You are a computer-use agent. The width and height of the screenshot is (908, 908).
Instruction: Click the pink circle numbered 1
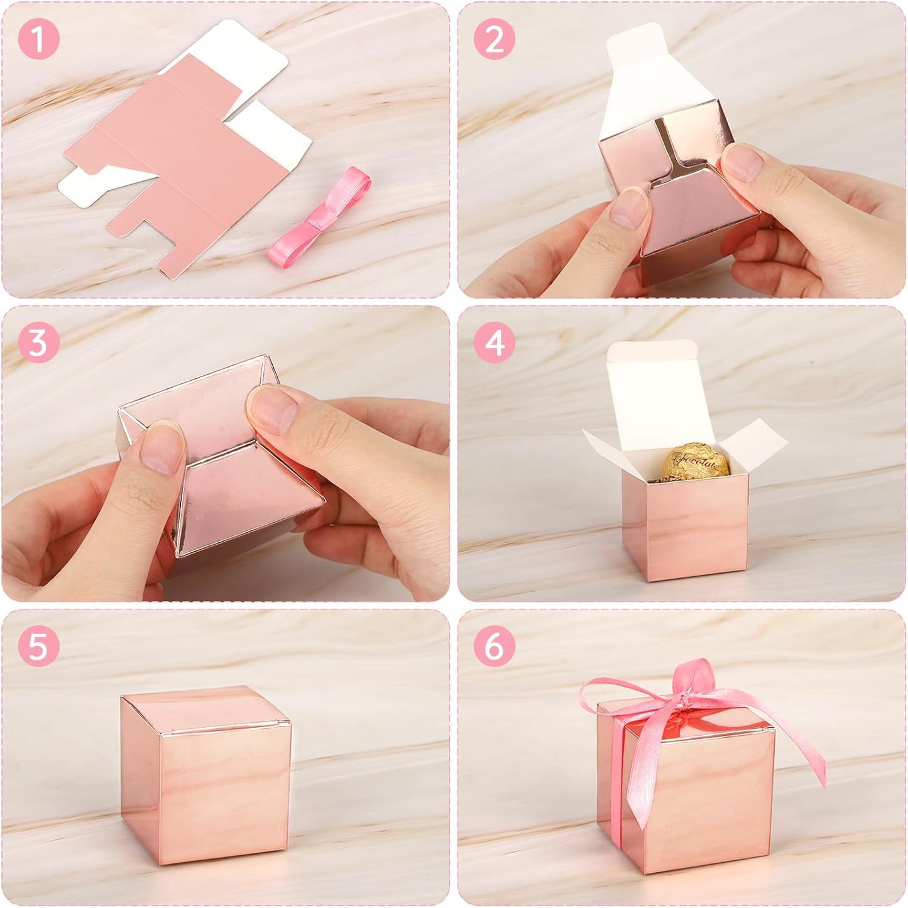[x=38, y=40]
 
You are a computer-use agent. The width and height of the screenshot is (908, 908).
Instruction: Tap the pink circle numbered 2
[x=495, y=40]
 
